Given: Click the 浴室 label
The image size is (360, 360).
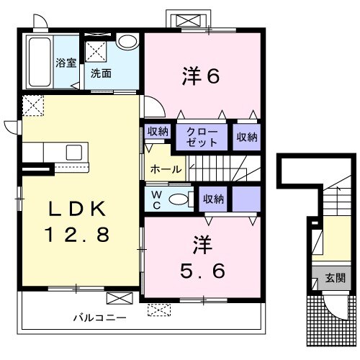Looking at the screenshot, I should [66, 63].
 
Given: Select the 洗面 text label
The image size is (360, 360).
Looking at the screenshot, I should [102, 73].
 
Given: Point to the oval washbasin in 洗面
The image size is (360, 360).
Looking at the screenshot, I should [127, 41].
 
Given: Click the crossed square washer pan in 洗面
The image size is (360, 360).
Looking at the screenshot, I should [96, 50].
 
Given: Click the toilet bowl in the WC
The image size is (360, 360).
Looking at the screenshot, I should [179, 199].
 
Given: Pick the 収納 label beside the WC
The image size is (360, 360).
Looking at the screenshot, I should [214, 198].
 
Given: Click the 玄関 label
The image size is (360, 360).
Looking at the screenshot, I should [335, 278].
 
